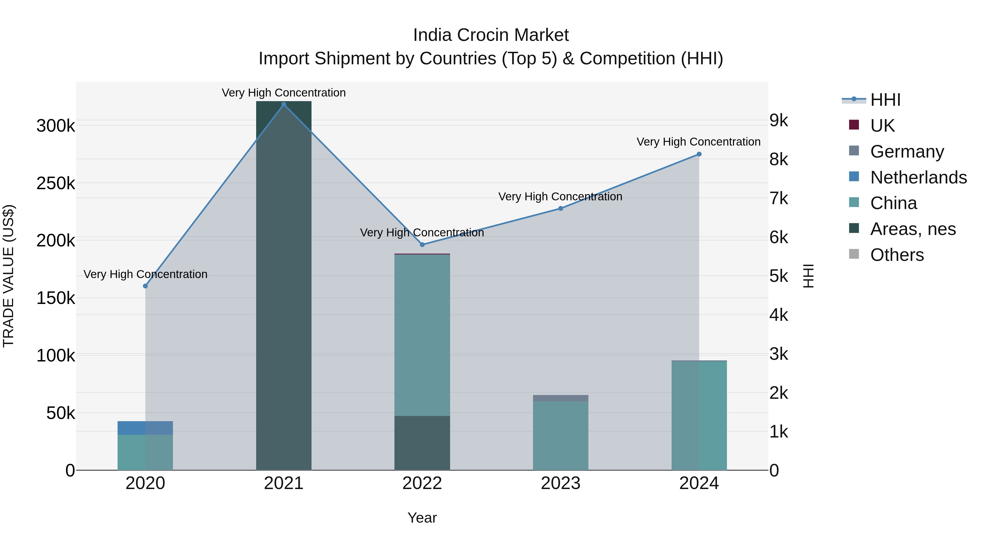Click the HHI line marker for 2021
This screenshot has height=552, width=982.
coord(284,104)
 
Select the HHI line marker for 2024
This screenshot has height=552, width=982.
coord(699,154)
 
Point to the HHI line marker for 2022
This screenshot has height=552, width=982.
coord(422,245)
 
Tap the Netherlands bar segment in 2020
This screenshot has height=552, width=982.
coord(145,428)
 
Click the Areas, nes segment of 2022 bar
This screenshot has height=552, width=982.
coord(422,443)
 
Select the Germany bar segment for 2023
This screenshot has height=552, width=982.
coord(560,398)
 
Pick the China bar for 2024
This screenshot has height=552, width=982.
coord(699,415)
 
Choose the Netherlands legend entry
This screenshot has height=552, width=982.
coord(918,177)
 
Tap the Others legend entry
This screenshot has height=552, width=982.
coord(897,255)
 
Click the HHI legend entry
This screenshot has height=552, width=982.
coord(885,100)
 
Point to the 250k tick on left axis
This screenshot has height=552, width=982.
coord(56,184)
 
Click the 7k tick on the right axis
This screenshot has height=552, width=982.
coord(779,198)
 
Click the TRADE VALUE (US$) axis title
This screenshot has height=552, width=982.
coord(8,276)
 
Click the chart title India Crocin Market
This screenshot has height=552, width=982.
coord(491,35)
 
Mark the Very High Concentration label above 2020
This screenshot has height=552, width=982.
coord(145,274)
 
